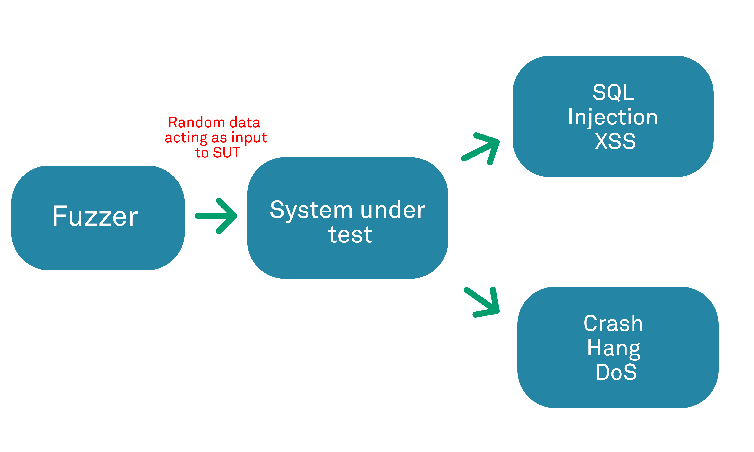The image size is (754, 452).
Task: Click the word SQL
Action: coord(613,92)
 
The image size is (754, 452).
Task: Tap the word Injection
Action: coord(613,117)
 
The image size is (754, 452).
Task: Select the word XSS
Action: coord(615,141)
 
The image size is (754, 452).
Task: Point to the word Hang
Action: coord(614,348)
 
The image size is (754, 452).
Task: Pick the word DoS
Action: coord(616,372)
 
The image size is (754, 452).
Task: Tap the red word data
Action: coord(245,122)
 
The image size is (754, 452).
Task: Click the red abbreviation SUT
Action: coord(226,152)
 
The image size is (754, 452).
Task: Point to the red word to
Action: coord(202,153)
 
